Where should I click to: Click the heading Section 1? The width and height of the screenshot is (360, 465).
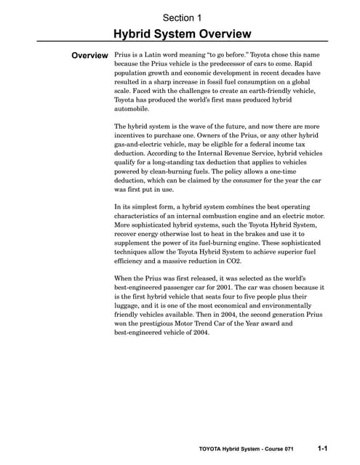pyautogui.click(x=183, y=17)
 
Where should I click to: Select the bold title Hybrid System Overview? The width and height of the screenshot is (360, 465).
pyautogui.click(x=183, y=33)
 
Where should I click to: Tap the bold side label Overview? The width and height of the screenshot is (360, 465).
pyautogui.click(x=89, y=56)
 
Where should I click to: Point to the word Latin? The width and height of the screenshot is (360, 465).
pyautogui.click(x=156, y=55)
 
